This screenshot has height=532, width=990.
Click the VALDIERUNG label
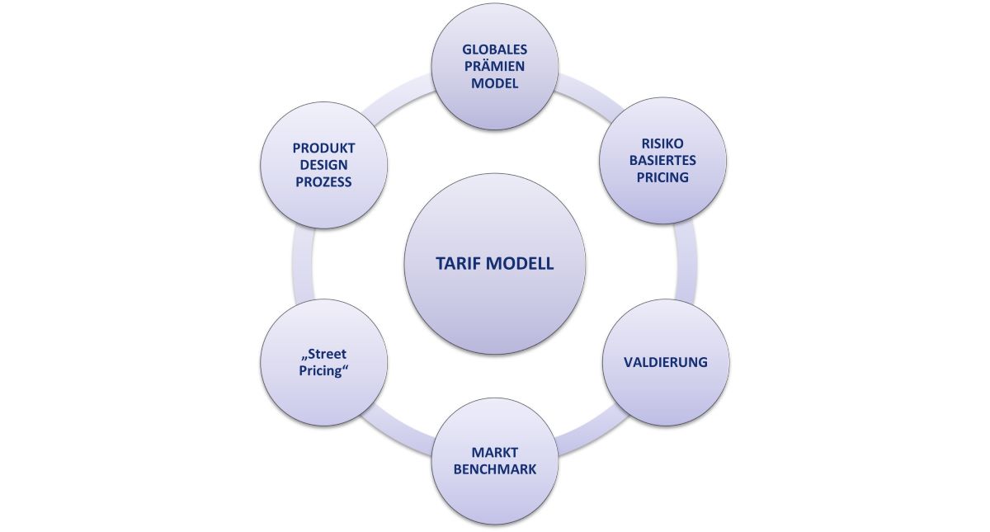666,362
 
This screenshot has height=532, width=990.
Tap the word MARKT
494,452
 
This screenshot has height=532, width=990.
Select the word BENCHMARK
494,469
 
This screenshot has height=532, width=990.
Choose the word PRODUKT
323,148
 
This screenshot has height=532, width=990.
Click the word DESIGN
323,165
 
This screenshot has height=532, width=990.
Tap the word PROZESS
323,182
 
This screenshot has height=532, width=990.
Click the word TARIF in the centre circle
462,265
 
